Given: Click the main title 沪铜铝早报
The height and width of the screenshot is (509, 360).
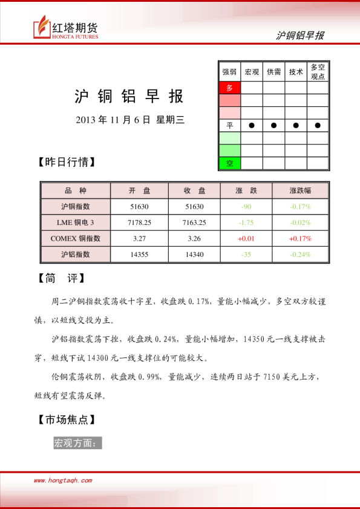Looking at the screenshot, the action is pos(128,97).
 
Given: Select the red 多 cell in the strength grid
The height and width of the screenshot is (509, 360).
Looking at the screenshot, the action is pos(229,88).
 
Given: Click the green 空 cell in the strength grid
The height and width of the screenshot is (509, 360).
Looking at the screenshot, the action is pos(229,163).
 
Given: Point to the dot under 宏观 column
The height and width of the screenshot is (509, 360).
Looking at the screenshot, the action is pos(251,125).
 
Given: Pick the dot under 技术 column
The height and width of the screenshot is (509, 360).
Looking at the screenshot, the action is pos(296,125).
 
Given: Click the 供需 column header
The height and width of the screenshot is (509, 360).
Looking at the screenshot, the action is pos(273,72).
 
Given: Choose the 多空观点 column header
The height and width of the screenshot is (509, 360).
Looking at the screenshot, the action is pos(318,72).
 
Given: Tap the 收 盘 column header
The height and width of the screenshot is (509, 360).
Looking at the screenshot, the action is pos(195,190).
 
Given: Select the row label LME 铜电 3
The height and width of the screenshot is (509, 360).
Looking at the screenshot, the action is pos(75,222).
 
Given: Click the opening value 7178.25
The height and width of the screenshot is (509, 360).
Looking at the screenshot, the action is pos(140,222).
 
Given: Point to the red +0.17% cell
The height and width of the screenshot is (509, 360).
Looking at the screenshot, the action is pos(300,238).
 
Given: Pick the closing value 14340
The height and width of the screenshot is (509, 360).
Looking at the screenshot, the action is pos(195,254).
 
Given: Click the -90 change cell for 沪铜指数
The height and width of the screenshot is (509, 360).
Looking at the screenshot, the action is pos(246,207).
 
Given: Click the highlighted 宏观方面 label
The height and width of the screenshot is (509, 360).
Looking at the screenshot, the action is pos(77,443).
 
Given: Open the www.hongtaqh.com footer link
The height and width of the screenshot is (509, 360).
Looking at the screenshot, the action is pos(62,481).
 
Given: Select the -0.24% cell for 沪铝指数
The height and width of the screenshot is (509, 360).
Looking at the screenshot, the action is pos(300,254).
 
